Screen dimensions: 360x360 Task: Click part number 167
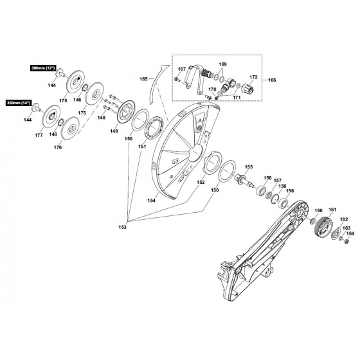[182, 69]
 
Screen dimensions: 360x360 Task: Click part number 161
[332, 210]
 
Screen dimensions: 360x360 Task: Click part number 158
[282, 186]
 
